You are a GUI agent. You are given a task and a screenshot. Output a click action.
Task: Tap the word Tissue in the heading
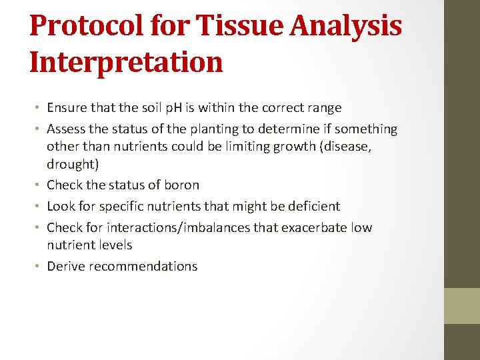tap(237, 27)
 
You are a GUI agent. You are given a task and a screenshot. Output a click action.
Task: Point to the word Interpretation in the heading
tap(126, 62)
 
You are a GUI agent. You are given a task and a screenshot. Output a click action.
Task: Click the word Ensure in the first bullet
tap(67, 107)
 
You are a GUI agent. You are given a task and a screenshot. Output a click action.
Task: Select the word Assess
tap(67, 129)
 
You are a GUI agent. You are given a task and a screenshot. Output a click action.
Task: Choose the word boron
tap(181, 185)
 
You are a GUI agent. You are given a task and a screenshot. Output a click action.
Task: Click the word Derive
tap(66, 266)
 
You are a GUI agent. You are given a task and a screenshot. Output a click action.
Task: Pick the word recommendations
tap(143, 266)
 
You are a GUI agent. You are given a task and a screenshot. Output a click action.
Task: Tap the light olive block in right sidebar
tap(462, 305)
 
